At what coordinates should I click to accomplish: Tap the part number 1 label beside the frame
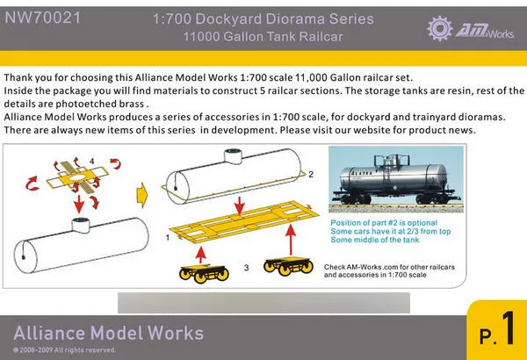coord(168,237)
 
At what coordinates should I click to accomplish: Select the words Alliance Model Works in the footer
coord(109,333)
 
